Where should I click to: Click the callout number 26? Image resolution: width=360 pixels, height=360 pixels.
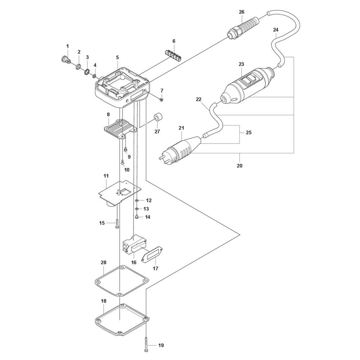(241, 12)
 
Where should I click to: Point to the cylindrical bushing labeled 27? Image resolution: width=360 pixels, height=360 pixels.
(158, 118)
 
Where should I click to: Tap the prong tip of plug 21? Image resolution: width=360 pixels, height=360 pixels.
(159, 157)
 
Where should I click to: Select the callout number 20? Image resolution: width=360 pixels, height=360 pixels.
(240, 166)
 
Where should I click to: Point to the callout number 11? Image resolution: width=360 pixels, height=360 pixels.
(106, 176)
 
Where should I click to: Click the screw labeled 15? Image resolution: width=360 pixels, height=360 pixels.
(117, 223)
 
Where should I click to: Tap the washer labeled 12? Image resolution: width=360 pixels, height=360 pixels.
(137, 200)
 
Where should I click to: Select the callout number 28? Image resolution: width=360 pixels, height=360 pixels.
(104, 263)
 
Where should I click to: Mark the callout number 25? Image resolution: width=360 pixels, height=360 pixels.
(248, 133)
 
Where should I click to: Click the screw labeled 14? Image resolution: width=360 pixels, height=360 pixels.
(137, 217)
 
